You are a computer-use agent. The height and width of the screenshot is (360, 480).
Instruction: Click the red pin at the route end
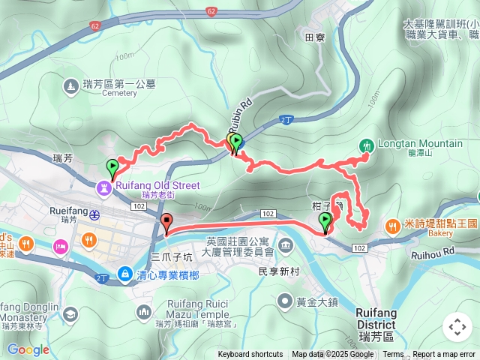pyautogui.click(x=166, y=223)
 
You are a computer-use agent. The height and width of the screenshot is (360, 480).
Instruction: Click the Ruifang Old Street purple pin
pyautogui.click(x=103, y=187)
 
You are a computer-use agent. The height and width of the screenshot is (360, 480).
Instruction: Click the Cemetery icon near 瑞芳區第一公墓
pyautogui.click(x=70, y=86)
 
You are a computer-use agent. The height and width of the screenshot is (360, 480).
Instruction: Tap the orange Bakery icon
pyautogui.click(x=391, y=225)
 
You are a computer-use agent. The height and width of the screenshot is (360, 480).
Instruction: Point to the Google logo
pyautogui.click(x=28, y=349)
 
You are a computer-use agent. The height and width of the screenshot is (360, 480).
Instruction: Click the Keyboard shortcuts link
pyautogui.click(x=250, y=355)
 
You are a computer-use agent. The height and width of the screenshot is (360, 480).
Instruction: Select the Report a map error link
pyautogui.click(x=444, y=355)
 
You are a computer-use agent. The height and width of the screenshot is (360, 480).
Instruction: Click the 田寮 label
pyautogui.click(x=314, y=36)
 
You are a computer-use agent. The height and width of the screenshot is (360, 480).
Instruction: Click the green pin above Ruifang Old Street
pyautogui.click(x=113, y=167)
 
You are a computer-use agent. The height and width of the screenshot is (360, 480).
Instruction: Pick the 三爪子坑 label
pyautogui.click(x=172, y=256)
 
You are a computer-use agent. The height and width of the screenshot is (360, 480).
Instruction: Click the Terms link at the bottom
pyautogui.click(x=393, y=355)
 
